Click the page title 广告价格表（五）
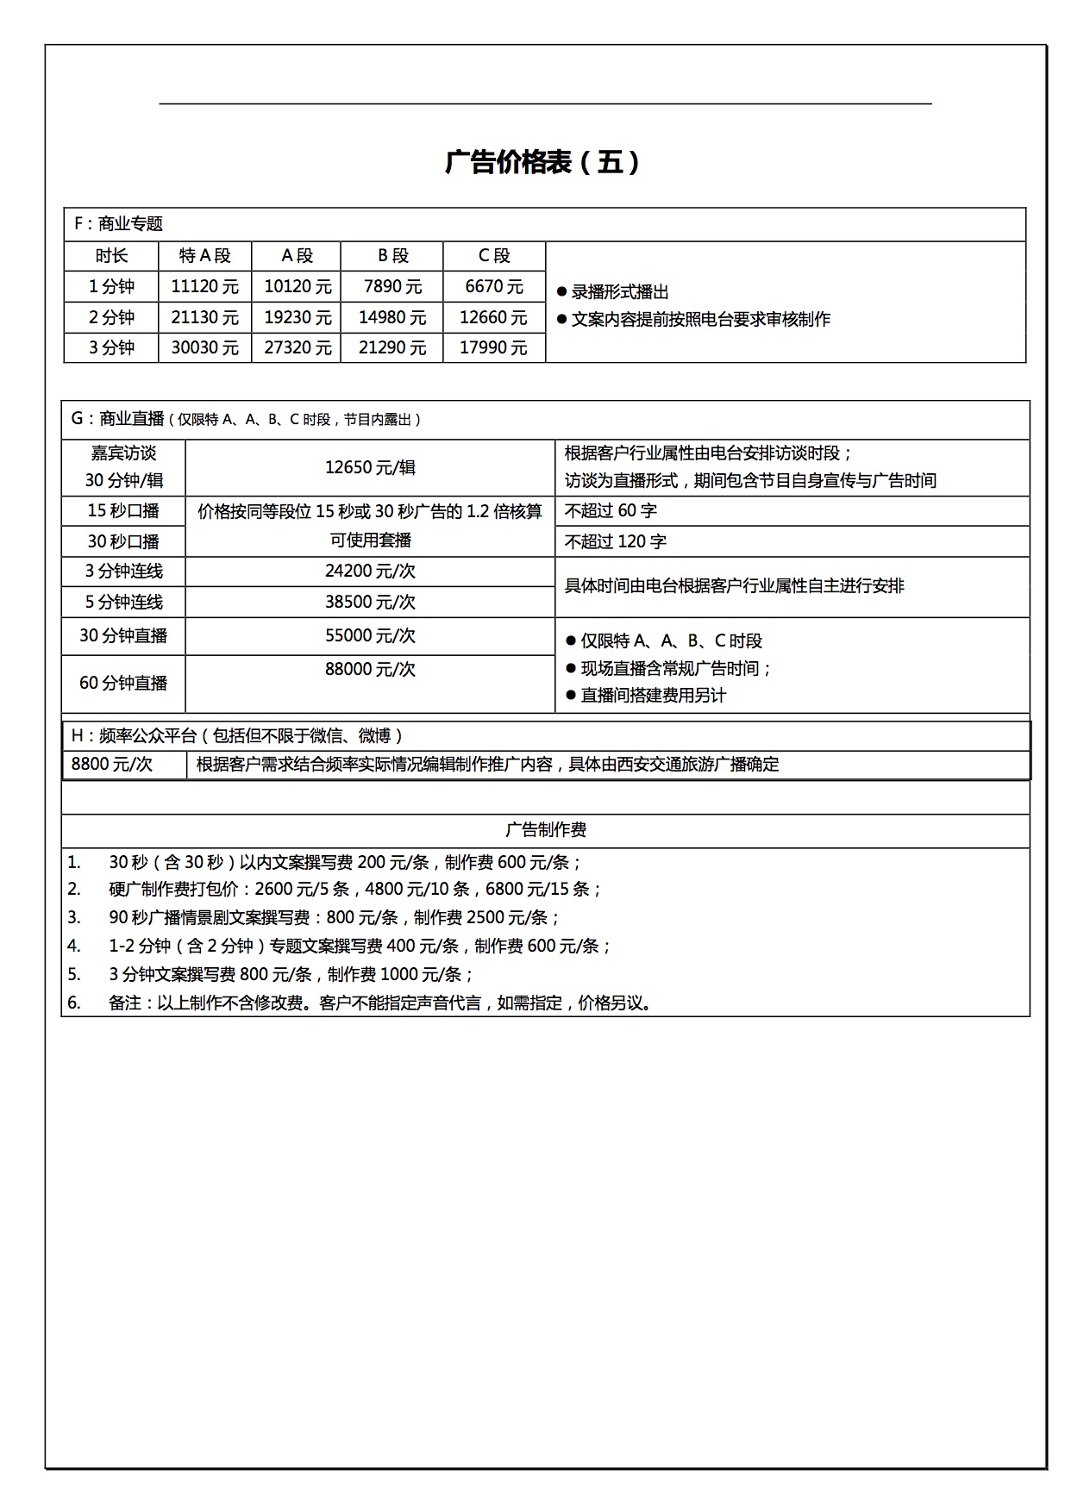543,162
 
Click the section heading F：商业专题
118,224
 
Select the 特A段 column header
205,256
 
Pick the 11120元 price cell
205,286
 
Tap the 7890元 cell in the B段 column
392,286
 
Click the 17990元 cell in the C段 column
493,347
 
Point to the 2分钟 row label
111,317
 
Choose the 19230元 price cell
298,317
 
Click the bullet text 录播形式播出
620,292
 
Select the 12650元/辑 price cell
370,467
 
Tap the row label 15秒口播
123,510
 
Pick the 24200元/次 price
370,571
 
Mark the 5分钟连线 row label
123,602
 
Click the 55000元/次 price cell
370,635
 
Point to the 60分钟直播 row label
123,683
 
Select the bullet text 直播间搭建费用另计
653,695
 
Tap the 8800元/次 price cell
112,764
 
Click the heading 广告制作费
545,830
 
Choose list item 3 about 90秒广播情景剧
335,917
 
